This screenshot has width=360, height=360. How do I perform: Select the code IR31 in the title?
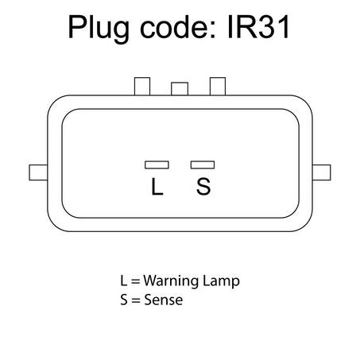click(x=258, y=27)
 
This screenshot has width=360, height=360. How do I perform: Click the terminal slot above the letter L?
click(x=157, y=165)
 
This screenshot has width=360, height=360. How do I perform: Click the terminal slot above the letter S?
click(x=203, y=165)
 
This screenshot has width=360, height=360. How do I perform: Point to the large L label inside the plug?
click(x=157, y=187)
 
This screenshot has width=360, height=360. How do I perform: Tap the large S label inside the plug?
click(x=203, y=187)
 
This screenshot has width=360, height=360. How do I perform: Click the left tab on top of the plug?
click(x=142, y=87)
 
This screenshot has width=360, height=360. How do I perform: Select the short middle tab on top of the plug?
click(x=180, y=89)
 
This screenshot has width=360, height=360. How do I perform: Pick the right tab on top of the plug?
click(x=218, y=87)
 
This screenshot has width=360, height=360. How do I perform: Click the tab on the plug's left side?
click(x=38, y=172)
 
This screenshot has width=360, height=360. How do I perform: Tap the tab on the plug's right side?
click(x=322, y=172)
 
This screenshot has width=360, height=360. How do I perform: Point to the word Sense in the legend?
click(x=163, y=300)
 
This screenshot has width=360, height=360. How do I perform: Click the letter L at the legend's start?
click(x=124, y=281)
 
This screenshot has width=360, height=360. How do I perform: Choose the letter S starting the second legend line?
click(x=124, y=300)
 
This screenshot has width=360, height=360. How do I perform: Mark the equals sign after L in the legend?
click(x=135, y=281)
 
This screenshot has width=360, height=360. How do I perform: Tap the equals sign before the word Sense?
click(x=136, y=300)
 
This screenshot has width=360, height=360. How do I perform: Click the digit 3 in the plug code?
click(x=268, y=27)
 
